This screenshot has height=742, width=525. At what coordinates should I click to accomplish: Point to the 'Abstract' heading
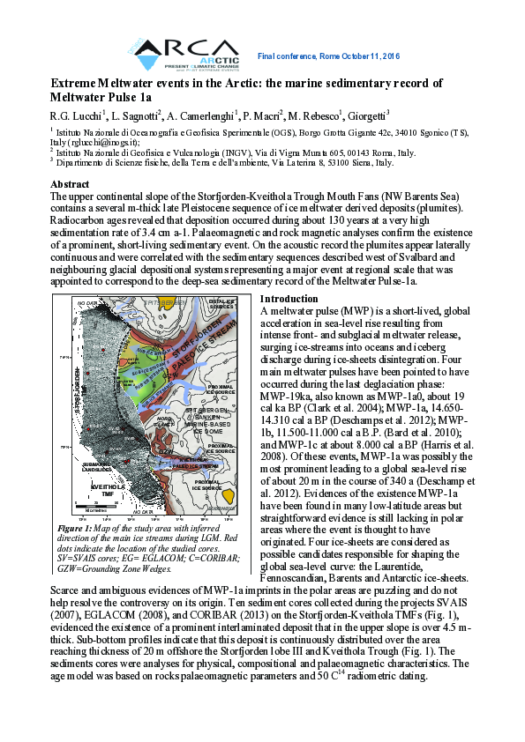71,183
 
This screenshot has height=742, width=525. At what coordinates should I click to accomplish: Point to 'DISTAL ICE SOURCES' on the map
221,305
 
